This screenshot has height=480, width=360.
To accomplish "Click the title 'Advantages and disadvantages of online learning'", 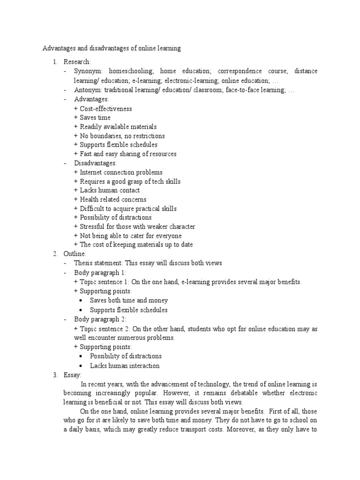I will [112, 48].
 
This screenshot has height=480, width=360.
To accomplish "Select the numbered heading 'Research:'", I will [77, 62].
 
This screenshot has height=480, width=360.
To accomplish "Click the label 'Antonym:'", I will [88, 90].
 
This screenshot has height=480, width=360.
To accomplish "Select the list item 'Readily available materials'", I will [118, 127].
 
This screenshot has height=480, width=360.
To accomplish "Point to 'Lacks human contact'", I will [110, 190].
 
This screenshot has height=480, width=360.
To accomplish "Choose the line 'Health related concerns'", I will [113, 200].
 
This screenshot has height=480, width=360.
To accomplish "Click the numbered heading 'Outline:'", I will [75, 254].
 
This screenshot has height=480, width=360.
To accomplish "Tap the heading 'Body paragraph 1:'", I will [100, 272].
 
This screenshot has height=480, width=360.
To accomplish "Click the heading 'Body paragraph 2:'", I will [100, 319].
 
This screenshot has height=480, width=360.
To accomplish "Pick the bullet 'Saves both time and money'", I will [129, 300].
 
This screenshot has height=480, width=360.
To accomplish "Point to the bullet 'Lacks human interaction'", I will [125, 366].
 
